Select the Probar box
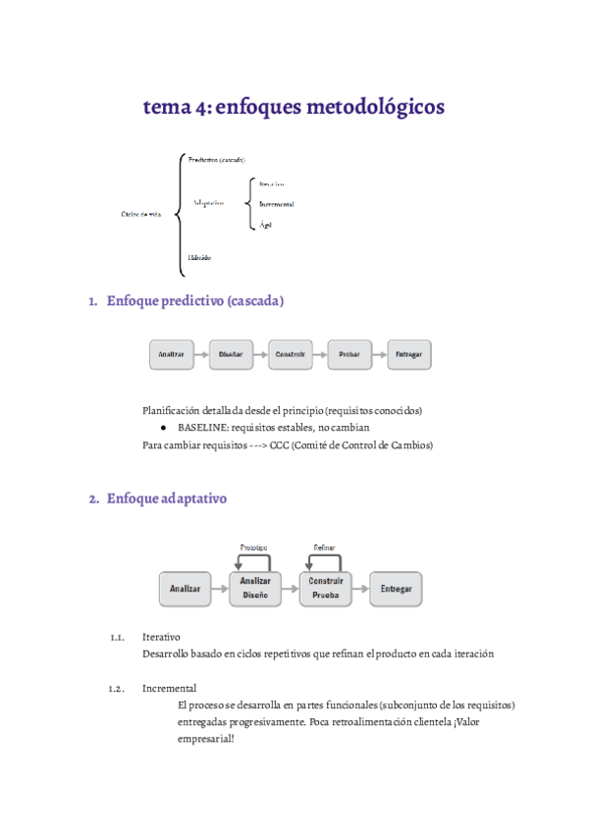tap(350, 354)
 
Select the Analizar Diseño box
tap(255, 588)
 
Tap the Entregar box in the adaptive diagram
tap(397, 589)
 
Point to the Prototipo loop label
tap(253, 546)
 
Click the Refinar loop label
tap(324, 546)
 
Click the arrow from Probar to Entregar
tap(380, 354)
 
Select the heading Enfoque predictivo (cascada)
tap(194, 301)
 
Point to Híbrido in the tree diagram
tap(199, 257)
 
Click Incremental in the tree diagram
tap(276, 204)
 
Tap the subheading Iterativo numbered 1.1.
tap(161, 637)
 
